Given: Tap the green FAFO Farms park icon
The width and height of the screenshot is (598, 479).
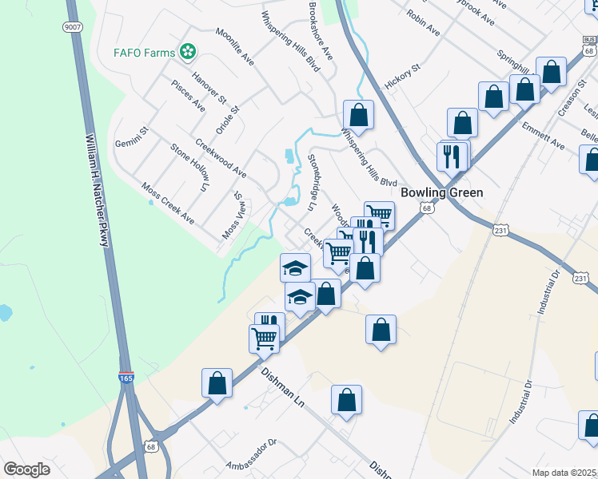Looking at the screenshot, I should [188, 52].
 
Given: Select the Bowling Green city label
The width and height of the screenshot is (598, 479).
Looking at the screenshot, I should [442, 192].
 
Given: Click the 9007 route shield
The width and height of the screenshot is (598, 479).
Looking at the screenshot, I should [73, 26].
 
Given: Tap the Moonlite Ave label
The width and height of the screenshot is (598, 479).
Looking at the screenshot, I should [234, 47].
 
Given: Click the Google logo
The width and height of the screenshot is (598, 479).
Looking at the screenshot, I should [26, 469].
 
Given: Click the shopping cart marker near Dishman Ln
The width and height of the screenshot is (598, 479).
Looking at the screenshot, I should [264, 338].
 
